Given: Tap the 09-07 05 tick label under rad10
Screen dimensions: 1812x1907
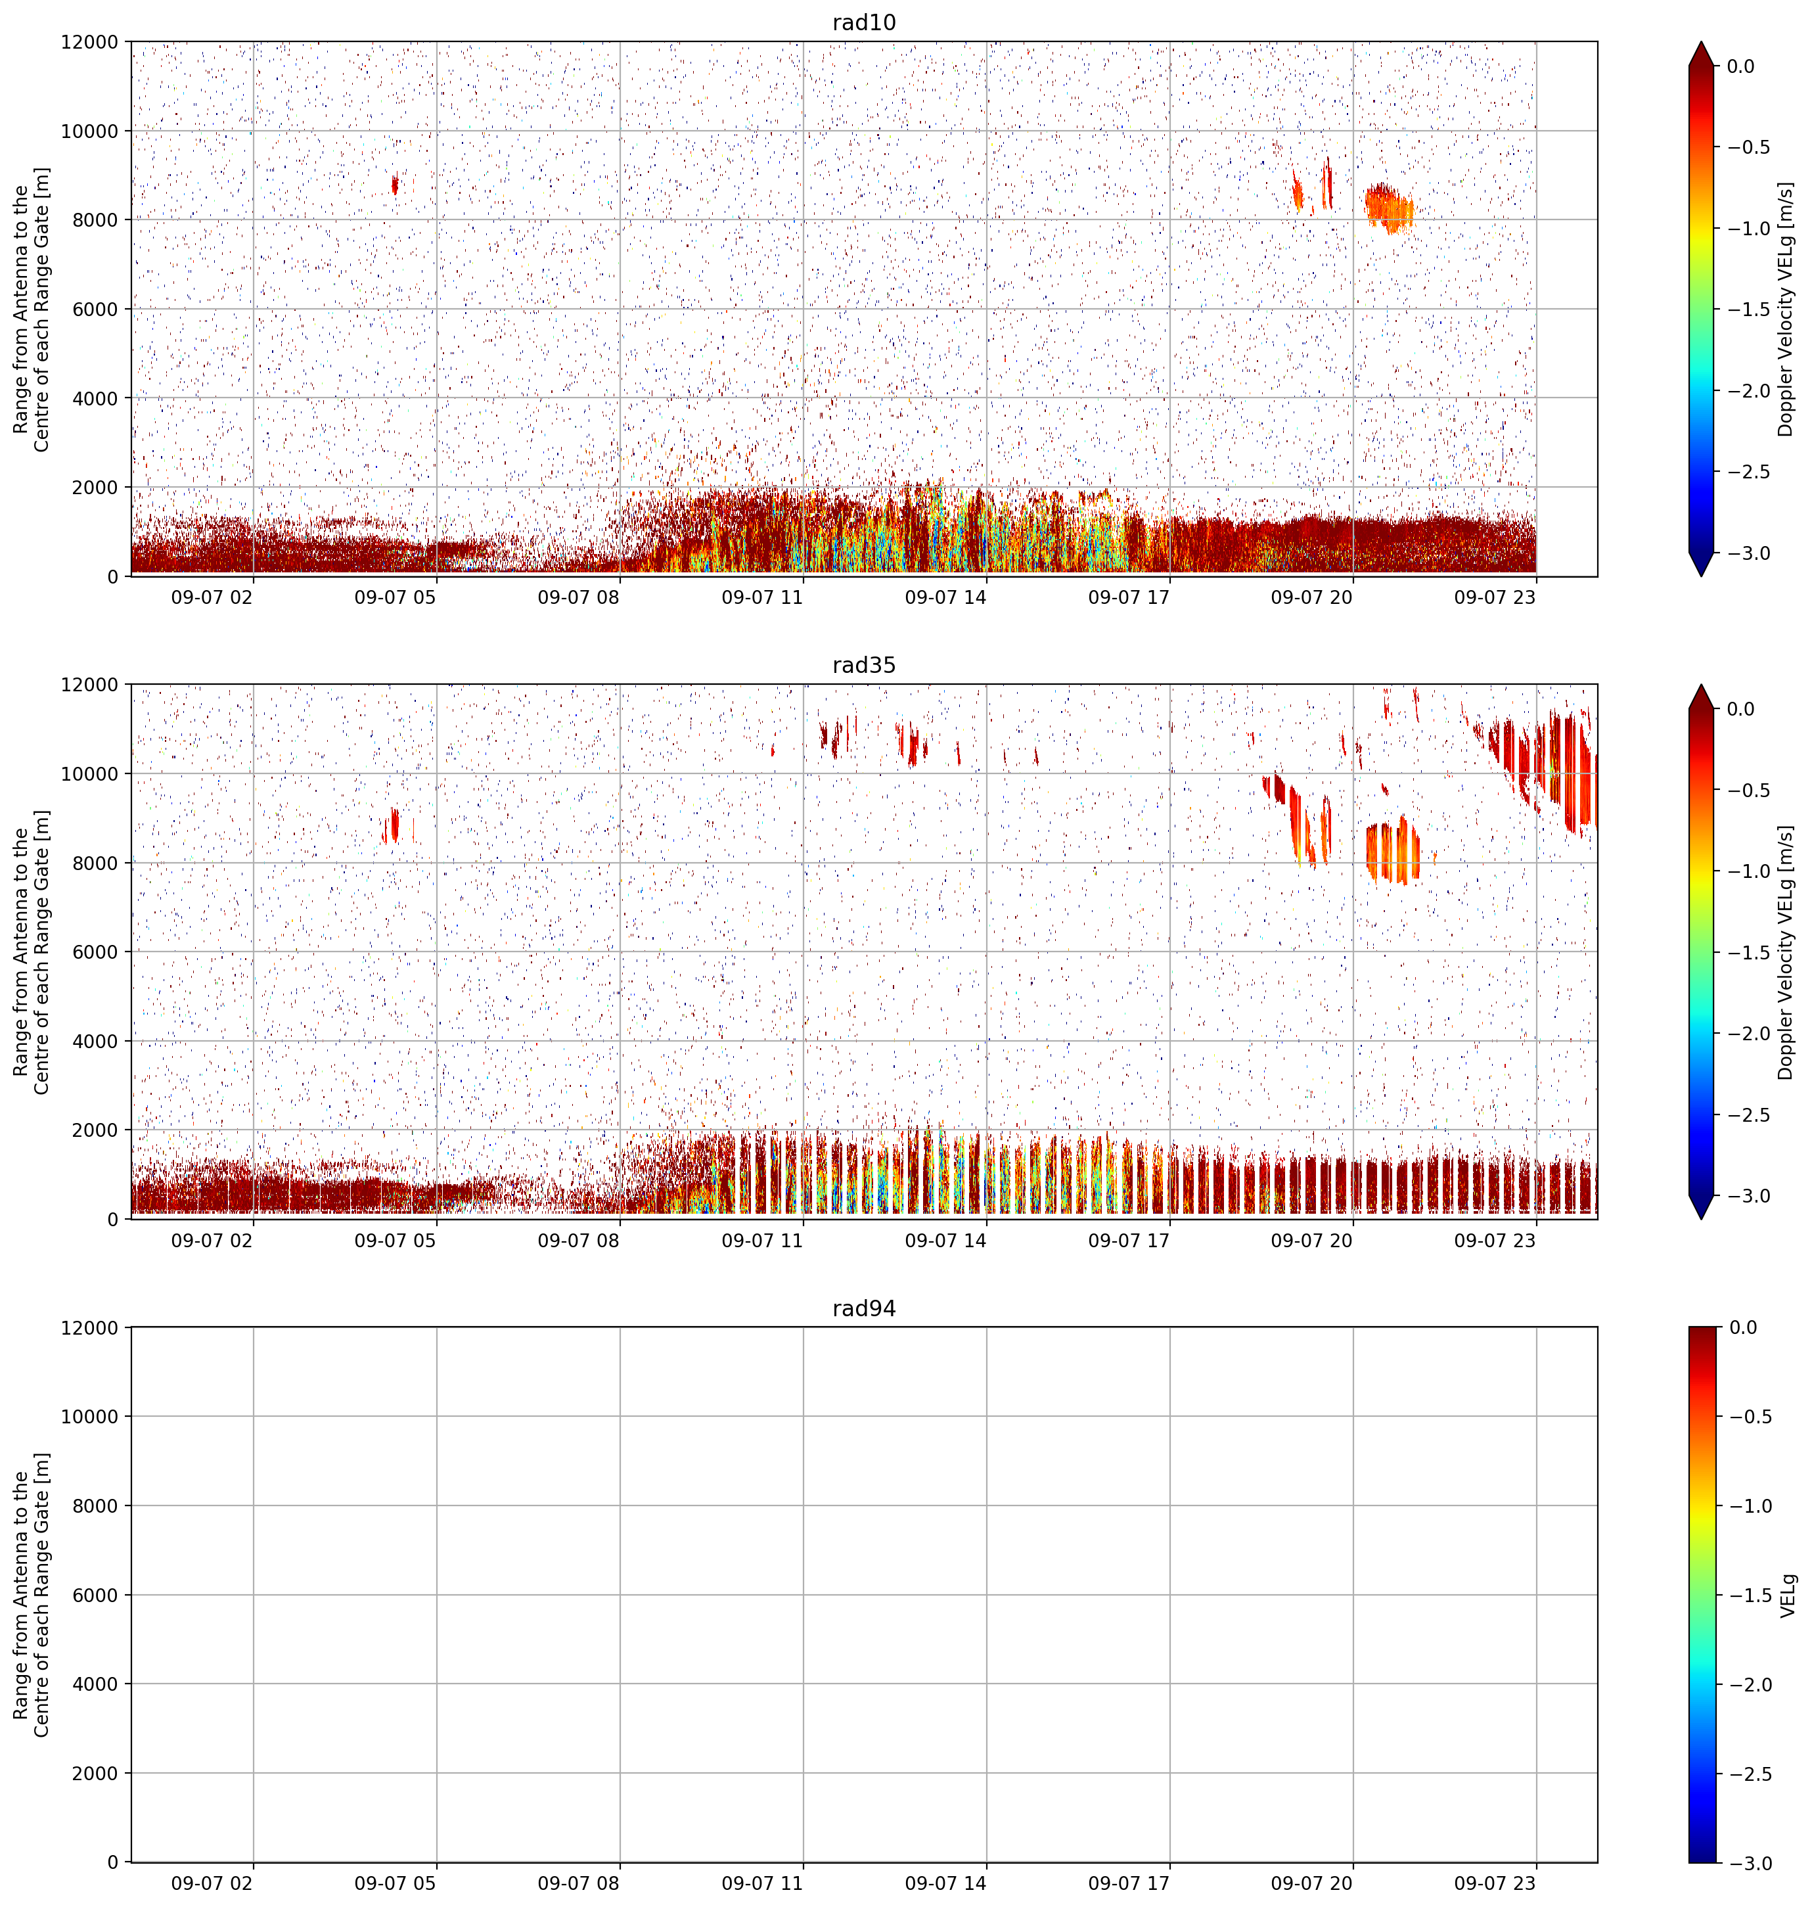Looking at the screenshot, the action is point(395,597).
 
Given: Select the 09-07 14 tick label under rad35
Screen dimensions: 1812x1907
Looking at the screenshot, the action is point(945,1241).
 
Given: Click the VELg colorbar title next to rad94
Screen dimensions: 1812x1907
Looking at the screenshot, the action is point(1788,1595).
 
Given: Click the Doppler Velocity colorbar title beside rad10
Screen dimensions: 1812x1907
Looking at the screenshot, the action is point(1785,309).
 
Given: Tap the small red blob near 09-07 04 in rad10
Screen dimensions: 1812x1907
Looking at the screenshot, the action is point(394,183).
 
